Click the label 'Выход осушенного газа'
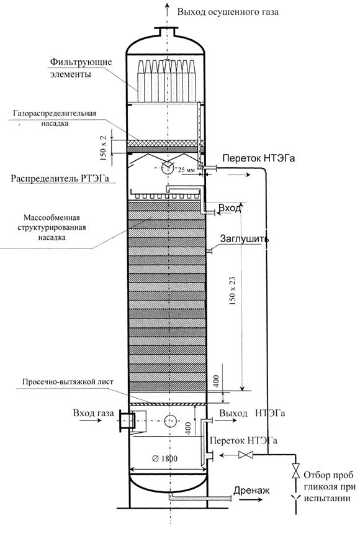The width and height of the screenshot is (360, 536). (228, 12)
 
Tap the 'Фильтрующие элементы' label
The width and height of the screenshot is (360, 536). (81, 68)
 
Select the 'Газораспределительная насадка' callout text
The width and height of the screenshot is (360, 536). (55, 118)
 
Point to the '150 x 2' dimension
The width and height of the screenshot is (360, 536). (104, 148)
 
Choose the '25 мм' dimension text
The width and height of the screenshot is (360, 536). (186, 169)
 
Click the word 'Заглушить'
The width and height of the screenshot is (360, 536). (244, 238)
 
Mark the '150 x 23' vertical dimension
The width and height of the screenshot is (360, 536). (233, 290)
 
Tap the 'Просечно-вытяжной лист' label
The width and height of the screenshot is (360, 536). (68, 382)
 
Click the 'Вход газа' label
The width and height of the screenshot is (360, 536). (93, 413)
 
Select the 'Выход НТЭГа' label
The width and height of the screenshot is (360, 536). (252, 413)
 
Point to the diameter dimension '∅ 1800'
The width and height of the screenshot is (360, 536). (164, 458)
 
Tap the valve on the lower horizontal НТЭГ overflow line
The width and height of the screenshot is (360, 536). (246, 455)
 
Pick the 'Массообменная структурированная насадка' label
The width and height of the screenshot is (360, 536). (52, 227)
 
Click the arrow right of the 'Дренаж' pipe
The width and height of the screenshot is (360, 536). (250, 499)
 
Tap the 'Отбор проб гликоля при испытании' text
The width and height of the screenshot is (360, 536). (329, 486)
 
